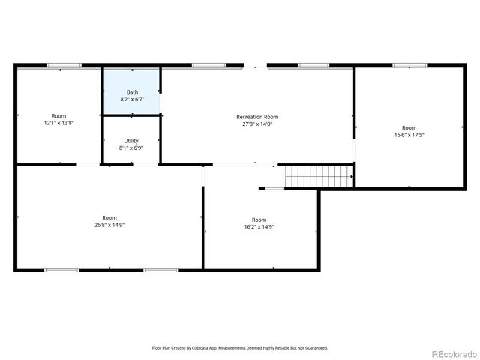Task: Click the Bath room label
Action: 132,92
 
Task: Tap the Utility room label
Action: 131,141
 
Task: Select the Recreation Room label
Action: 257,117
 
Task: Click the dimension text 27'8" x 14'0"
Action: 257,124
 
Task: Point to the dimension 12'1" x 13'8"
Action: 58,123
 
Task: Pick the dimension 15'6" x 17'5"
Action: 409,135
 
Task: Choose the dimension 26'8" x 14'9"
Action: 109,225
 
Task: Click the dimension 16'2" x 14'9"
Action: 259,226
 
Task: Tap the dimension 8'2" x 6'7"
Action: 132,99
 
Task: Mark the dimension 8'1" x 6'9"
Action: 131,148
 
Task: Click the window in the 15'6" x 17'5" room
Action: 409,65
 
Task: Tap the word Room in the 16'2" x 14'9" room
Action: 259,219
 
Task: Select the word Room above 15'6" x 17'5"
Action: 409,127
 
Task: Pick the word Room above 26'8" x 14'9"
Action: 109,217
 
